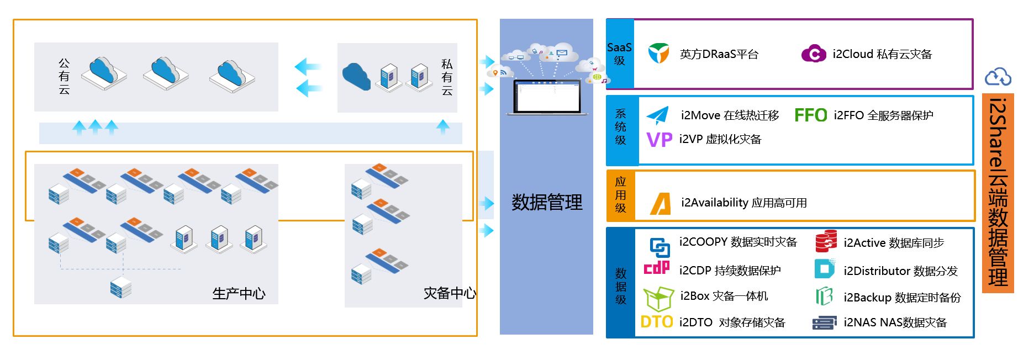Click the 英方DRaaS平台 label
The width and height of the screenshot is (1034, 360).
tap(719, 54)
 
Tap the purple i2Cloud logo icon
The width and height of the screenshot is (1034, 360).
tap(813, 54)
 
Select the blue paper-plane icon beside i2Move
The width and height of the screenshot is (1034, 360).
tap(657, 115)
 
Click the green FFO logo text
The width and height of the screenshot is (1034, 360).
tap(810, 115)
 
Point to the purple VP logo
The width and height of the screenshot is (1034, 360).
tap(659, 140)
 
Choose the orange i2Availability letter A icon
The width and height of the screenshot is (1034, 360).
tap(661, 203)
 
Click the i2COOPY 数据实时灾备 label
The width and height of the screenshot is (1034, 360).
tap(738, 242)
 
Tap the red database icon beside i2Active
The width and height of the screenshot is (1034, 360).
tap(826, 242)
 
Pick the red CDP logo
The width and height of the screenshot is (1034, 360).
tap(657, 268)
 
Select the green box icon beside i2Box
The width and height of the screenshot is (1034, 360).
tap(658, 298)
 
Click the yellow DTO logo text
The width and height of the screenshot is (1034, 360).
tap(657, 322)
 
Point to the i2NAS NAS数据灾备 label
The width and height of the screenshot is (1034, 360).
tap(895, 322)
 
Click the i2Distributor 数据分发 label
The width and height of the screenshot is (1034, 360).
tap(900, 271)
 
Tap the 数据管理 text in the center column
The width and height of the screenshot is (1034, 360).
tap(546, 203)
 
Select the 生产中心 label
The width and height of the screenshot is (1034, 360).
tap(239, 293)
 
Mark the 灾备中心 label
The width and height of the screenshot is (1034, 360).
tap(449, 293)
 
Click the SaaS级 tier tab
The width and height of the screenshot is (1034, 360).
tap(619, 54)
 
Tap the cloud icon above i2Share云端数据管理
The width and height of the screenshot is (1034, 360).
tap(998, 77)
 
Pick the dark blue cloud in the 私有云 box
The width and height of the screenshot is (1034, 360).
tap(356, 76)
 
